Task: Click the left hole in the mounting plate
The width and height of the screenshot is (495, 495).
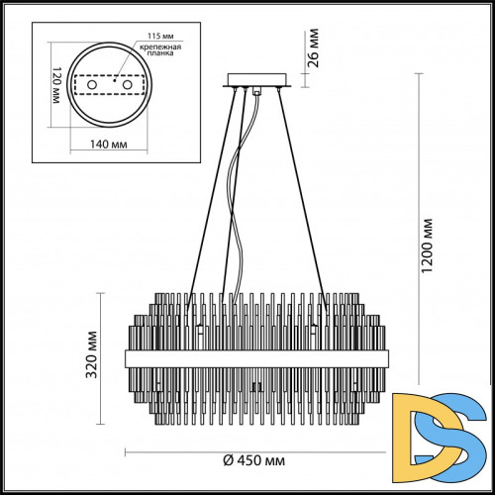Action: pos(93,87)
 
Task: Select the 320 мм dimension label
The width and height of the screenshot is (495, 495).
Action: pos(91,347)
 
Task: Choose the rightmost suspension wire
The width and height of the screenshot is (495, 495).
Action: pos(299,198)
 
